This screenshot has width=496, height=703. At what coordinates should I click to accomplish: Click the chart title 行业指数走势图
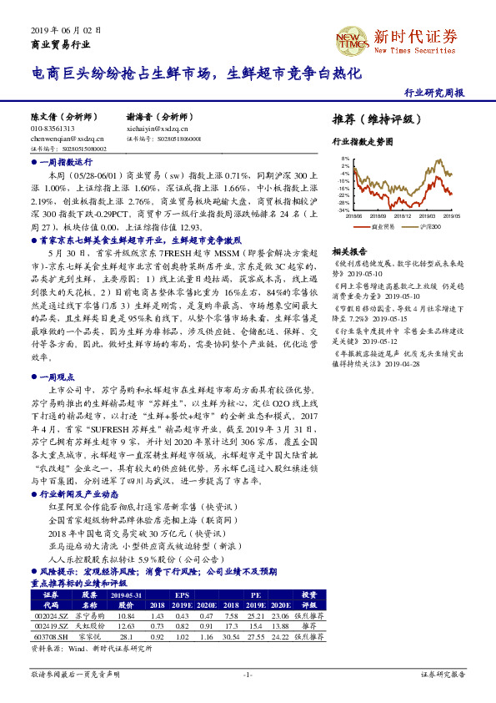[362, 142]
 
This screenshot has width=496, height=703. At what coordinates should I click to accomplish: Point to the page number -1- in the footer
[248, 673]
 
